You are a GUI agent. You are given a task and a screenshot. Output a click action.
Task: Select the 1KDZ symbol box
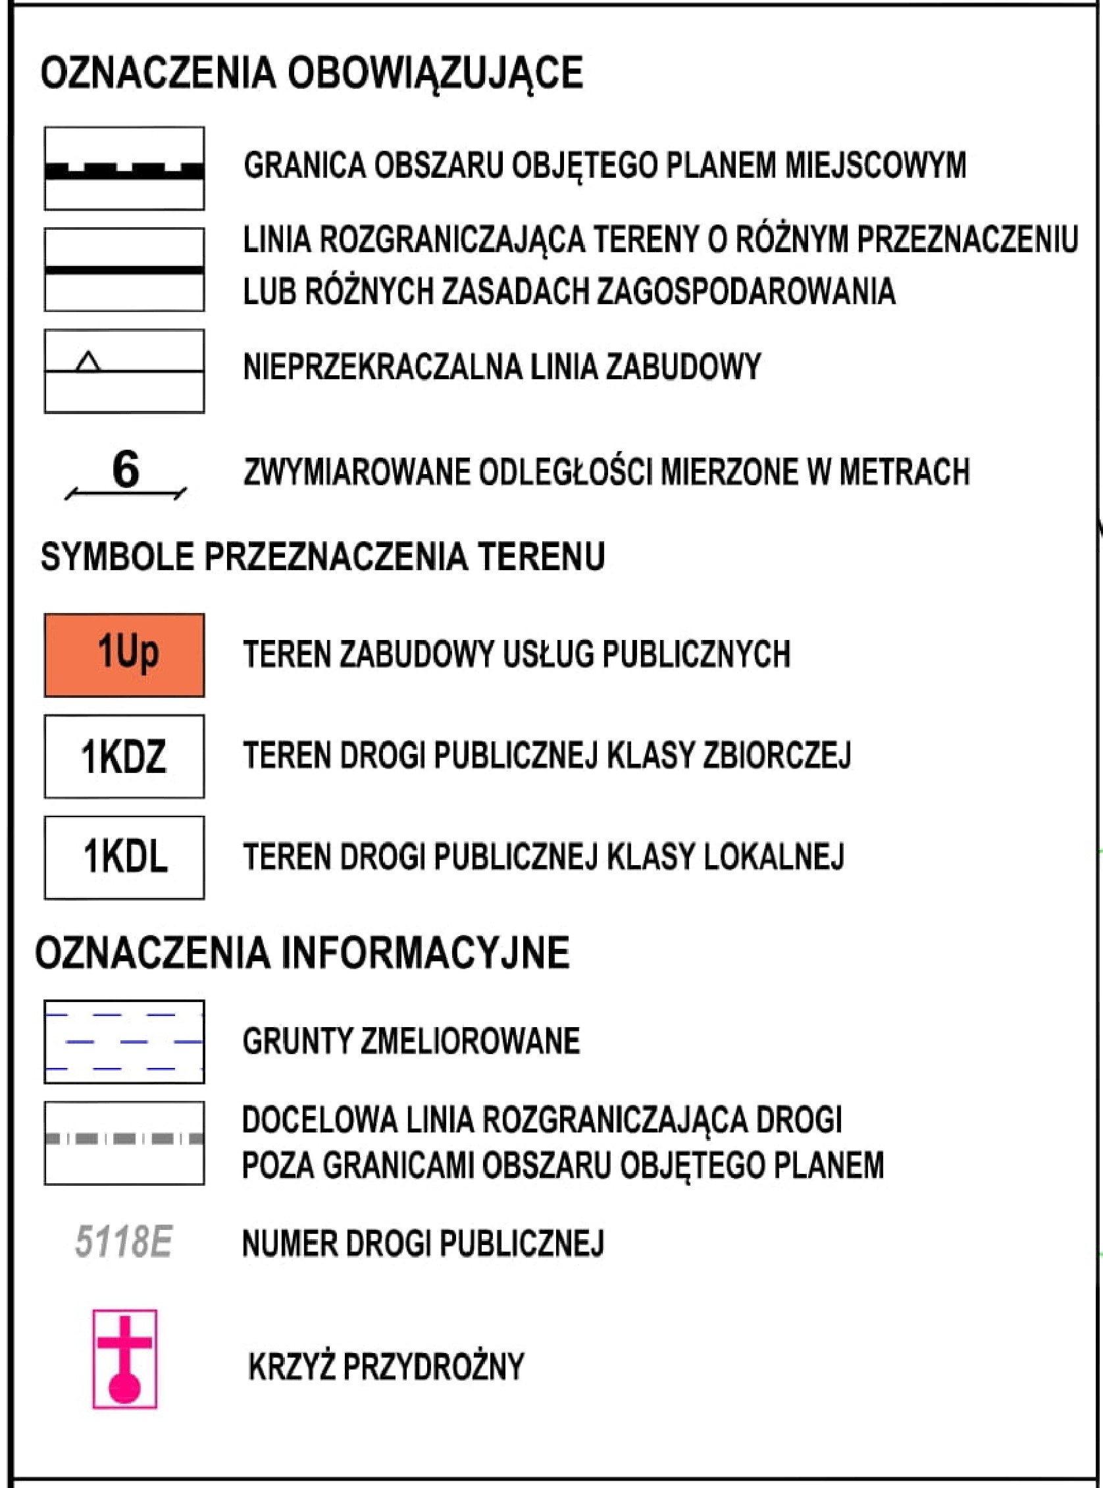(124, 756)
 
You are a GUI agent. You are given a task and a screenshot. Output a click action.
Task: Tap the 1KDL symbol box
(124, 857)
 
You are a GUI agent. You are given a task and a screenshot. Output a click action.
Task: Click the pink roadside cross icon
(125, 1358)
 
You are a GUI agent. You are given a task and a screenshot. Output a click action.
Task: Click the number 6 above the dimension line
(126, 469)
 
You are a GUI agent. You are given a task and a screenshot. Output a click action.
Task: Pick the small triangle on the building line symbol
(88, 362)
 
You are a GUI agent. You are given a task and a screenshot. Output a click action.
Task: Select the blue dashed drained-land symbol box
(124, 1041)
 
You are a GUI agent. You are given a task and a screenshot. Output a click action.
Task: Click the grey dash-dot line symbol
(124, 1138)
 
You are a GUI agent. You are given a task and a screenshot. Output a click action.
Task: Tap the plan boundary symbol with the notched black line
(124, 169)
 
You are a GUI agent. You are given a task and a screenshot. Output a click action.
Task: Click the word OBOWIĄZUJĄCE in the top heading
(435, 73)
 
